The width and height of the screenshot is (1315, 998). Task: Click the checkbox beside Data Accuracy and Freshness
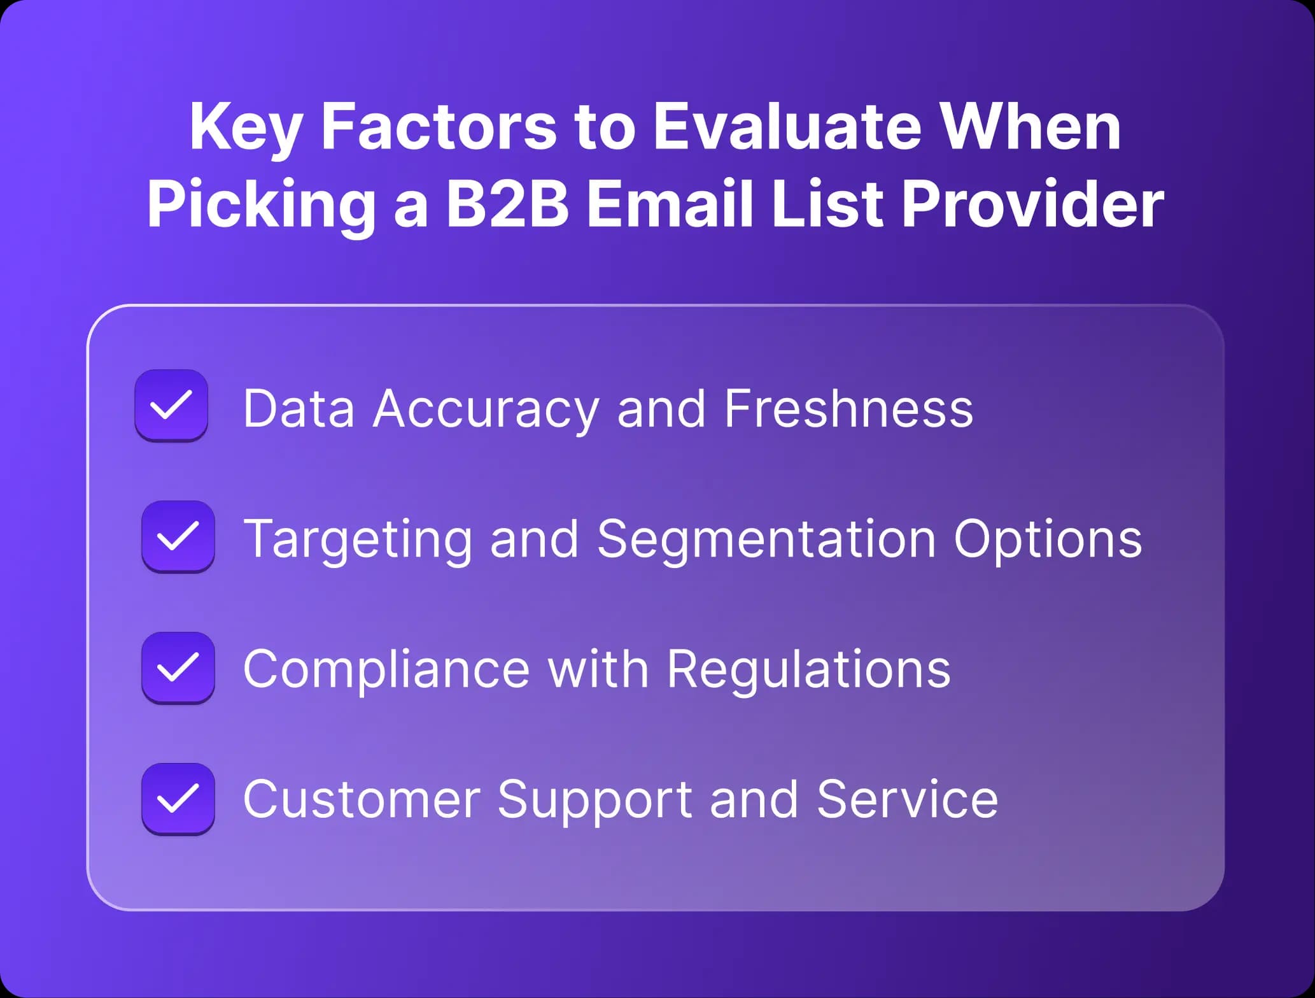click(x=171, y=405)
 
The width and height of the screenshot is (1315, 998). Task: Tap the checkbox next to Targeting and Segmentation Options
click(x=178, y=536)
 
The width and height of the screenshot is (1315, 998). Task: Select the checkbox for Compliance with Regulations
click(x=178, y=667)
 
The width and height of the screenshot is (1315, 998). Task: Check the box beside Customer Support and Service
click(x=178, y=799)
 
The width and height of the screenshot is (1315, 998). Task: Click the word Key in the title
click(x=245, y=127)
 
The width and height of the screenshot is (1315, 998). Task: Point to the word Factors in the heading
click(x=439, y=127)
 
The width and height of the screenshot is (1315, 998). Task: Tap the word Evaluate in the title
click(x=787, y=127)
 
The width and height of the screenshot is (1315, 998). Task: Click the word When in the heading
click(x=1030, y=127)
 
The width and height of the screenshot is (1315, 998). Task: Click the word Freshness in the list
click(x=848, y=409)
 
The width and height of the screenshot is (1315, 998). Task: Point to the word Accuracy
click(x=486, y=409)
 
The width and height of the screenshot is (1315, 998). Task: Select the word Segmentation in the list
click(x=766, y=539)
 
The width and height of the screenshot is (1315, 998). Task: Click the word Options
click(x=1048, y=539)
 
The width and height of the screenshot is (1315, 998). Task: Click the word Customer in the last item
click(x=362, y=800)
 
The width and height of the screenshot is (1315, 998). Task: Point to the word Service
click(x=907, y=800)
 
